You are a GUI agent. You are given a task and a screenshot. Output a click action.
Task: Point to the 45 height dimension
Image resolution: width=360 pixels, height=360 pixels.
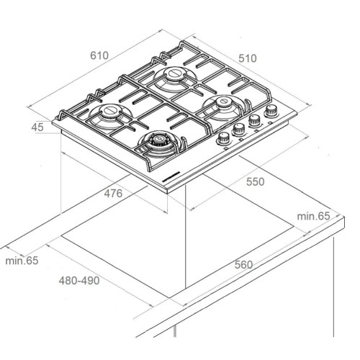38,127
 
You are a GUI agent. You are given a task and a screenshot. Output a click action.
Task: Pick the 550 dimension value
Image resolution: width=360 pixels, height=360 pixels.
255,182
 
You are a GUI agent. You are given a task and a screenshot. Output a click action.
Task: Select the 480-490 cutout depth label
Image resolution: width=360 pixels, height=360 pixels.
80,279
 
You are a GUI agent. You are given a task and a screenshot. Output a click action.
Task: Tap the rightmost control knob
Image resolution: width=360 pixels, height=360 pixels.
272,112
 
